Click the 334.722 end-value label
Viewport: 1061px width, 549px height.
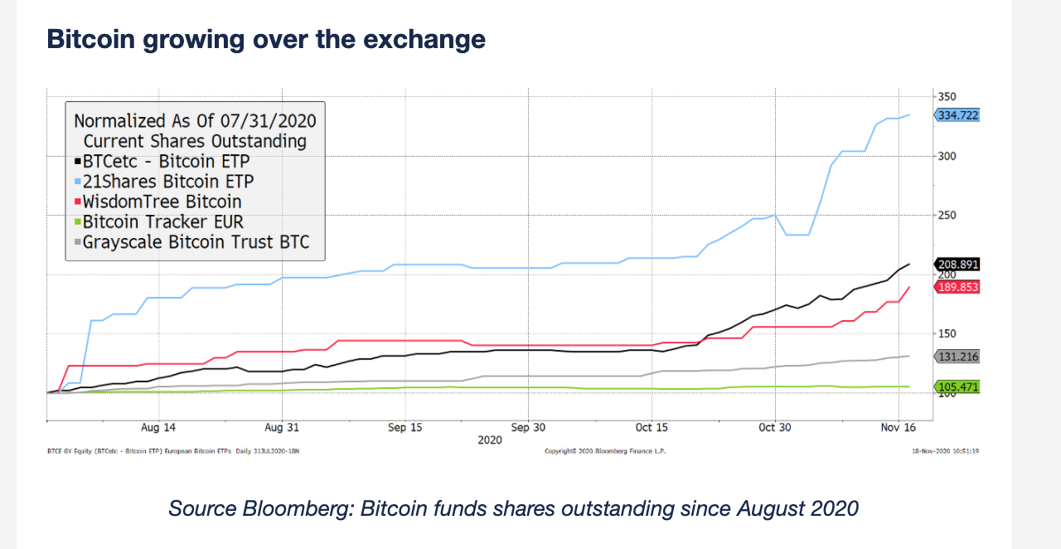click(958, 115)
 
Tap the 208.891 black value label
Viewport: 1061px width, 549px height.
click(958, 265)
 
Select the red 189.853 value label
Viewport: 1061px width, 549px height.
click(958, 287)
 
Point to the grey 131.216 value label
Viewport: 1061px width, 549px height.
click(958, 357)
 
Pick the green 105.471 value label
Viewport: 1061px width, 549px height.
click(958, 386)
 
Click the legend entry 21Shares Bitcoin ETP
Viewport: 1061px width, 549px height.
click(168, 181)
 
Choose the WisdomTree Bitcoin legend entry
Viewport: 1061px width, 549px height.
click(162, 202)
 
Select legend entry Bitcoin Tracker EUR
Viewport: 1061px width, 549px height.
click(163, 221)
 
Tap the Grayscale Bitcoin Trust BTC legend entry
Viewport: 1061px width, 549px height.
click(196, 242)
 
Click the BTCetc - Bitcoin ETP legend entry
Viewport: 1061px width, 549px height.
click(166, 161)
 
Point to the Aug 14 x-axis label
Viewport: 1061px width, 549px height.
click(158, 427)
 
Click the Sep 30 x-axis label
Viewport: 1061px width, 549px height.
click(528, 427)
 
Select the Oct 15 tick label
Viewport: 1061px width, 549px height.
click(651, 427)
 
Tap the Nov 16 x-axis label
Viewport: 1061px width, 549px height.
click(898, 427)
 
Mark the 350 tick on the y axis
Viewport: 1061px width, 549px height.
click(947, 97)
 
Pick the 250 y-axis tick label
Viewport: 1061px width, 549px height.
click(947, 216)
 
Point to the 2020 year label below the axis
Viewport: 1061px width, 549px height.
click(490, 440)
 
